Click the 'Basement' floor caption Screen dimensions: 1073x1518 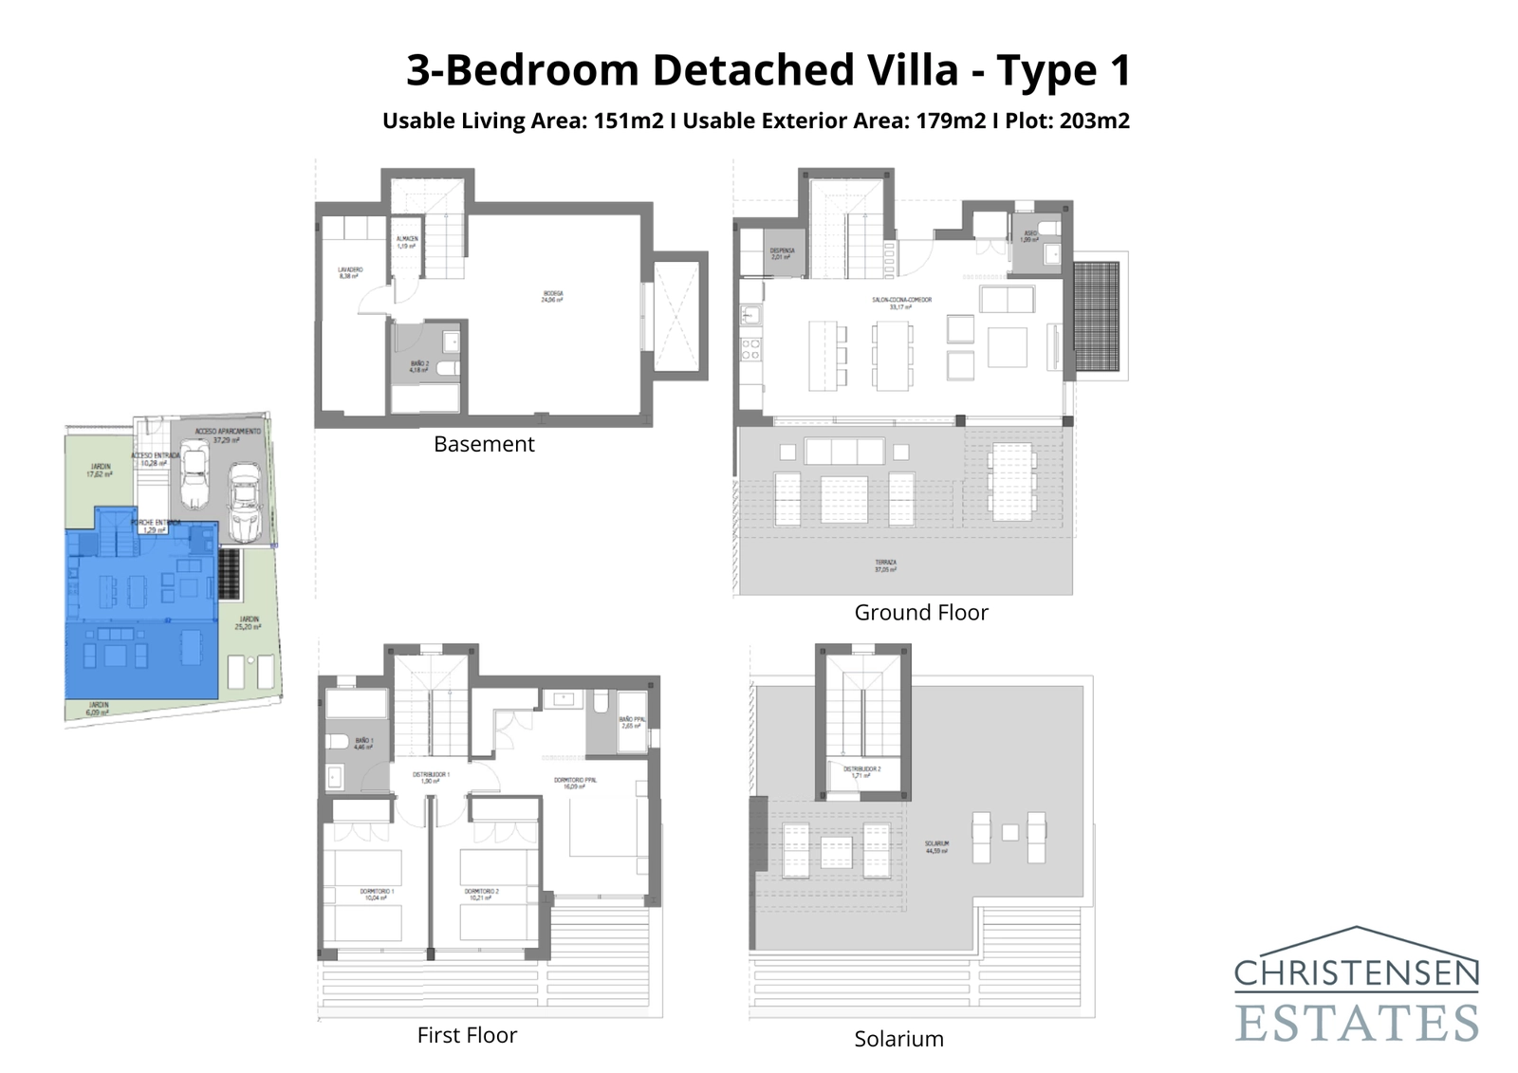point(484,444)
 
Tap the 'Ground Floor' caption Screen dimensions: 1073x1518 point(920,613)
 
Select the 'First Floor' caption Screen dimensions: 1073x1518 point(467,1035)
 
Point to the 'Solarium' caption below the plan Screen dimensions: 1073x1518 point(898,1039)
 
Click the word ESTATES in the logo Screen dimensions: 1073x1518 point(1357,1024)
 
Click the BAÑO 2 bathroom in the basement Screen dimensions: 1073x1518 point(421,366)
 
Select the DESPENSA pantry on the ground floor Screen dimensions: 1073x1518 point(783,253)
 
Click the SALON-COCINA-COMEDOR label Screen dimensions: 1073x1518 point(901,303)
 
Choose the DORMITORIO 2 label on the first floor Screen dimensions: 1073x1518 point(481,895)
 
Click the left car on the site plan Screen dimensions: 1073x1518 point(195,477)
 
